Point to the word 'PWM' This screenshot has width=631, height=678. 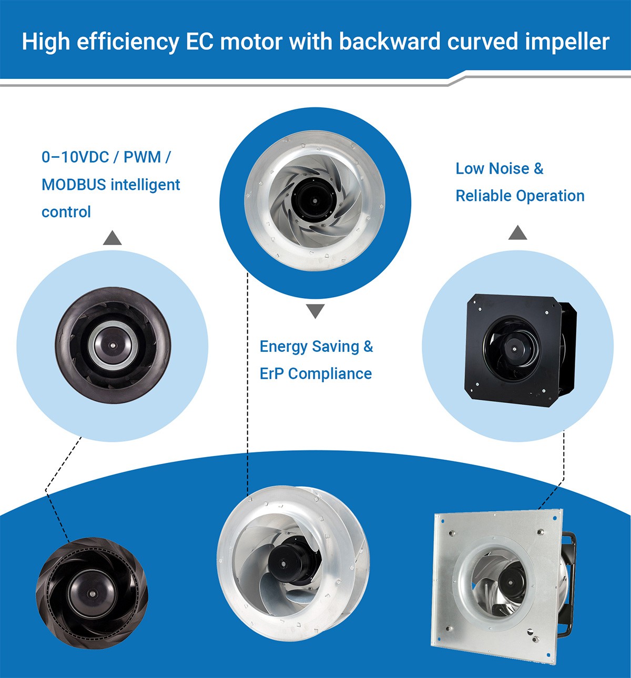pos(142,157)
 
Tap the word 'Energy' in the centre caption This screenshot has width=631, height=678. pos(283,347)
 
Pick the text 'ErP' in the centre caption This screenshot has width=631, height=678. pos(271,374)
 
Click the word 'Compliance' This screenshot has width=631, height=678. pos(330,374)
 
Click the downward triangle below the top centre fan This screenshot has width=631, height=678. pos(315,311)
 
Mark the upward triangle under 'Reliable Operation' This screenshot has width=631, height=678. pos(517,232)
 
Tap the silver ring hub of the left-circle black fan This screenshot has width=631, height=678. pos(112,345)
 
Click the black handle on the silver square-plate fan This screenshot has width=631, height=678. pos(569,579)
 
